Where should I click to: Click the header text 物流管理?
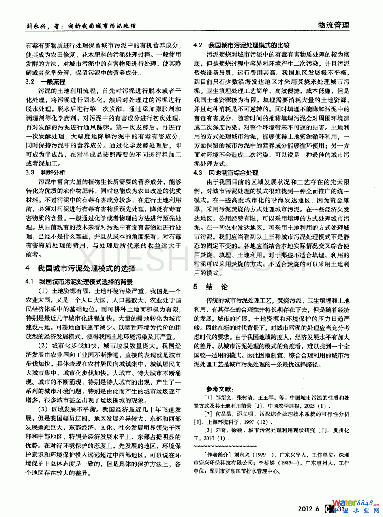[333, 25]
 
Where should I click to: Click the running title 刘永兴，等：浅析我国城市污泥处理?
[81, 26]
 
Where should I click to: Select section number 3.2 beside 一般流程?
[30, 82]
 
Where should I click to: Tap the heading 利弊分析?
[53, 173]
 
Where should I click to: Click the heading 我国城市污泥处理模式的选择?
[86, 268]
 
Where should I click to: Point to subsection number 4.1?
[30, 282]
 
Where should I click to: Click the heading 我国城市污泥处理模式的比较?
[249, 45]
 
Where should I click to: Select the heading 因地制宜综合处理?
[233, 173]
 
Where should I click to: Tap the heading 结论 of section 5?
[216, 287]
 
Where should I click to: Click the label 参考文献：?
[220, 389]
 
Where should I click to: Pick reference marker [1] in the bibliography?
[208, 398]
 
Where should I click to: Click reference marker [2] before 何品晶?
[208, 414]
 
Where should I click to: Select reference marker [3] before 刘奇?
[208, 430]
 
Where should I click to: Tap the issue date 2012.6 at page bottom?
[308, 509]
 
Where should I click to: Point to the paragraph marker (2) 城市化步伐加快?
[43, 346]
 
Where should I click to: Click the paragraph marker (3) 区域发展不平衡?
[43, 409]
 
